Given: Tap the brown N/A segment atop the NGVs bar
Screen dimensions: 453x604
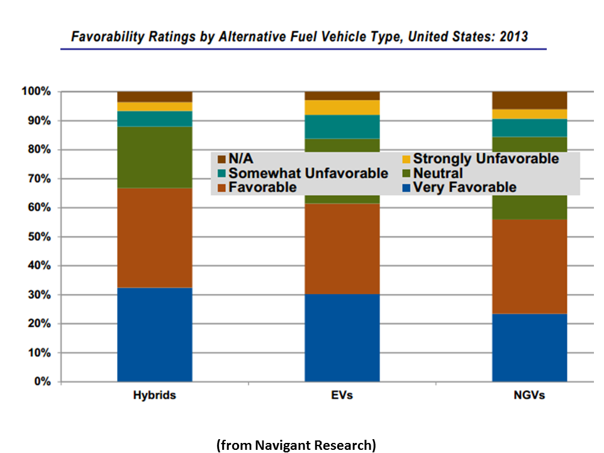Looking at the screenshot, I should pyautogui.click(x=530, y=100).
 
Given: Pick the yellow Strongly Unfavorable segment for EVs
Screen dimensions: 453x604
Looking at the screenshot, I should pyautogui.click(x=342, y=107).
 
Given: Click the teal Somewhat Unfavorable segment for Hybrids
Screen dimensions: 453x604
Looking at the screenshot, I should pyautogui.click(x=155, y=119).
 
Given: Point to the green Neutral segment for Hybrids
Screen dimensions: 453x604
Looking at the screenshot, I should pyautogui.click(x=155, y=157).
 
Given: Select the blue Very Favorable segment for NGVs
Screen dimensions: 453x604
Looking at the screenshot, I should pyautogui.click(x=530, y=348).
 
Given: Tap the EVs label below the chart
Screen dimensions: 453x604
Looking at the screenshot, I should pyautogui.click(x=342, y=396).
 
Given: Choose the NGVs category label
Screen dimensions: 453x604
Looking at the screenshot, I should pyautogui.click(x=529, y=396).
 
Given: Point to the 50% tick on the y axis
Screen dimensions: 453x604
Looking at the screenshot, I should pyautogui.click(x=37, y=237).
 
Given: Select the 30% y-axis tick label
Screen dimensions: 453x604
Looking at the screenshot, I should pyautogui.click(x=37, y=294).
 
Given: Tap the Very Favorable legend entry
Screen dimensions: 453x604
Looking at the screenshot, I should pyautogui.click(x=464, y=187).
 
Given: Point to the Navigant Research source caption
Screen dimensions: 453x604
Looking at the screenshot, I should pyautogui.click(x=296, y=445).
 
